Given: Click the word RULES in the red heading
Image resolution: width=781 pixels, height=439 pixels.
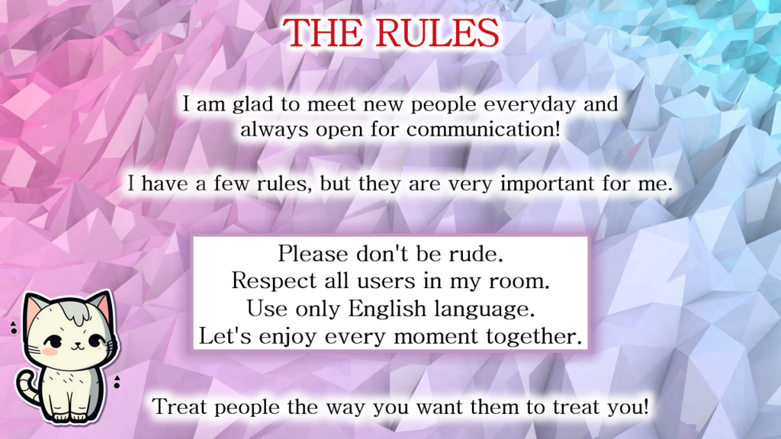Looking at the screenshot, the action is click(436, 33).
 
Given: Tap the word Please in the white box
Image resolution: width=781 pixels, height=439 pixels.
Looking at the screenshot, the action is click(313, 254).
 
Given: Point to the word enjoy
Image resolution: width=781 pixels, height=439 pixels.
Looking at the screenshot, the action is click(288, 338).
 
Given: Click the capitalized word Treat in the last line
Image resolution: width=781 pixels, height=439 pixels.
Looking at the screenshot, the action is click(180, 407).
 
